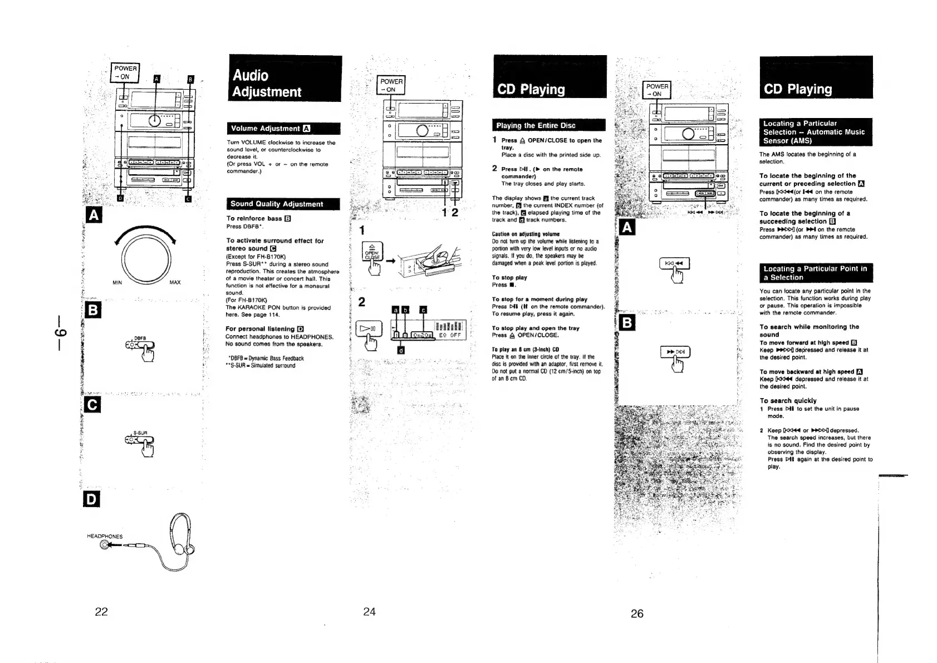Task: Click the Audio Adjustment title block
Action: click(285, 78)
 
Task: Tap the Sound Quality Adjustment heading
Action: click(283, 204)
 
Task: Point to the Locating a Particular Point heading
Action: click(816, 273)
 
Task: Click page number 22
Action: click(101, 612)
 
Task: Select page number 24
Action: click(369, 612)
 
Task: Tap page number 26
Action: click(637, 613)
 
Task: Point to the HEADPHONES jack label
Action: click(105, 537)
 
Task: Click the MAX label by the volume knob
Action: click(175, 282)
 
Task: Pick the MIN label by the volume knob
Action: click(117, 282)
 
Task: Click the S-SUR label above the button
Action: click(140, 432)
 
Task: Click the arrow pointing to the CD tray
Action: click(391, 259)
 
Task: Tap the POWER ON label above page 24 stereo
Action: click(391, 85)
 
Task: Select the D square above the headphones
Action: click(92, 499)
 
